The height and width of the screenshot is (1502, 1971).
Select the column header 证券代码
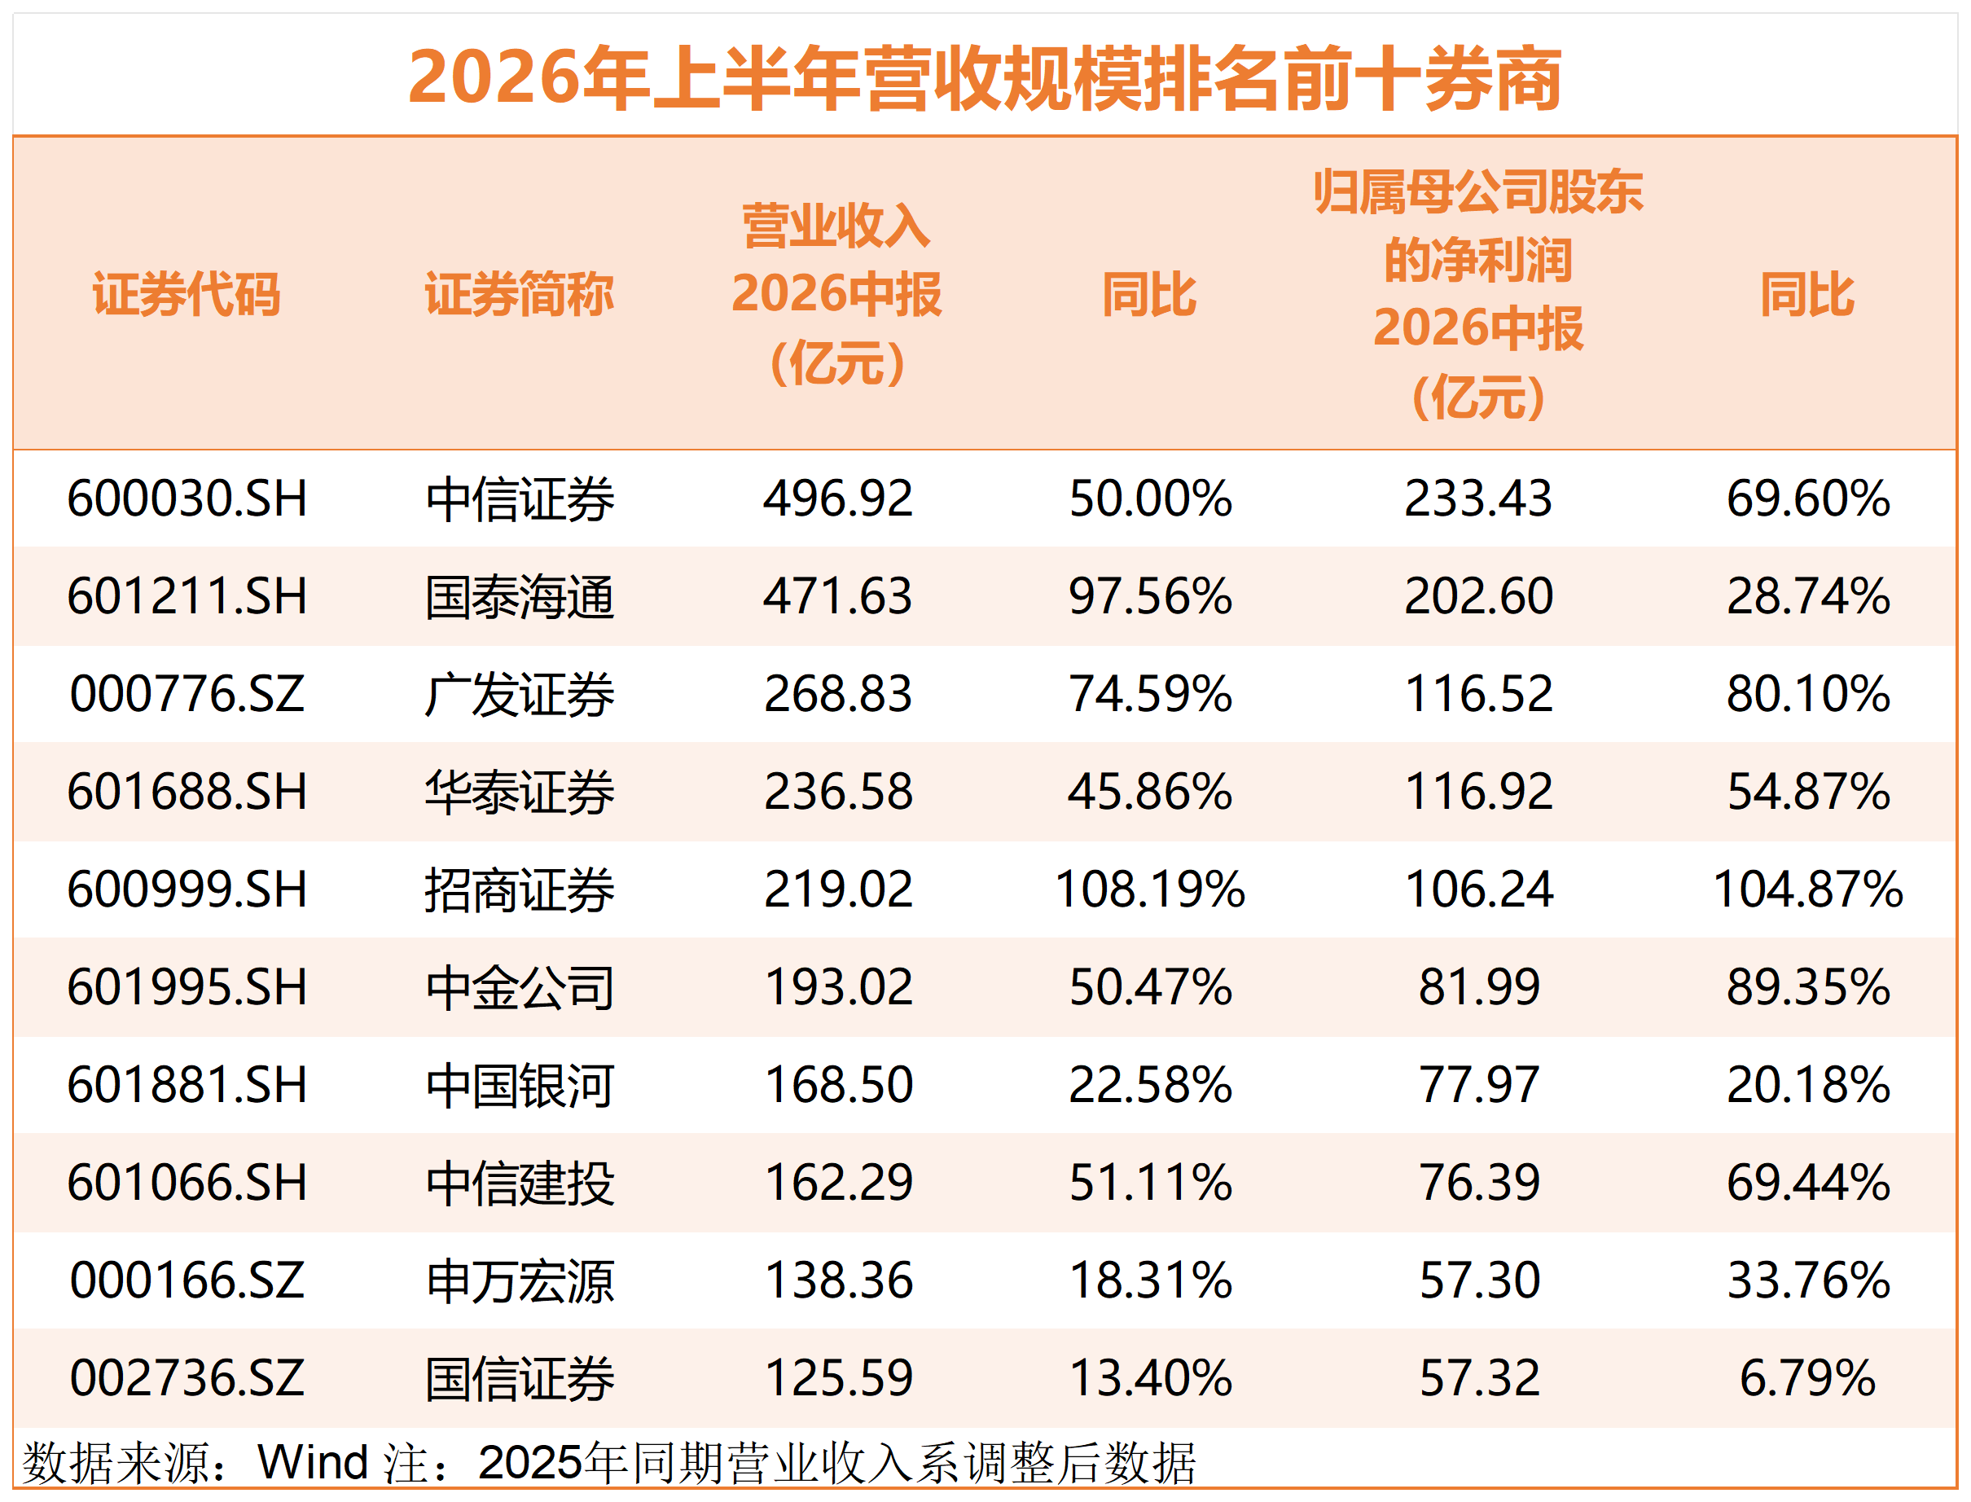point(187,294)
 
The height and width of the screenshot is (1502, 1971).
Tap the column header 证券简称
point(520,294)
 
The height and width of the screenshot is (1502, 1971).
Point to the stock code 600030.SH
point(187,498)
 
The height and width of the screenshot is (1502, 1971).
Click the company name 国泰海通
point(520,596)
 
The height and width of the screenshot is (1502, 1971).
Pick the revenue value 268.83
point(838,694)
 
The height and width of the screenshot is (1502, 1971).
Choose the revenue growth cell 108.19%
point(1150,889)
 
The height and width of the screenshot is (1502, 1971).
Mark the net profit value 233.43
point(1478,498)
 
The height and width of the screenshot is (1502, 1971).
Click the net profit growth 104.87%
point(1808,889)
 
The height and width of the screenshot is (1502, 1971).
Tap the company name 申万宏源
point(520,1281)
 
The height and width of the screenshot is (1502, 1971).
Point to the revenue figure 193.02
point(838,987)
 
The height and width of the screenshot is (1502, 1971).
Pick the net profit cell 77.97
point(1478,1084)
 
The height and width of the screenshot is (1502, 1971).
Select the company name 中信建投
point(520,1184)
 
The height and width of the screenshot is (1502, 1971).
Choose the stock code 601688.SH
point(187,791)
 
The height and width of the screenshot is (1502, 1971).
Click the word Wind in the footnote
point(313,1463)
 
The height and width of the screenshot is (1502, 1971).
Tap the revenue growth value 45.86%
point(1150,791)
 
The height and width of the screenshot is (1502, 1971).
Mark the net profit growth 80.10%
point(1808,694)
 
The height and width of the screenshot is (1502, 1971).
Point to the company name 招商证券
point(520,889)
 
